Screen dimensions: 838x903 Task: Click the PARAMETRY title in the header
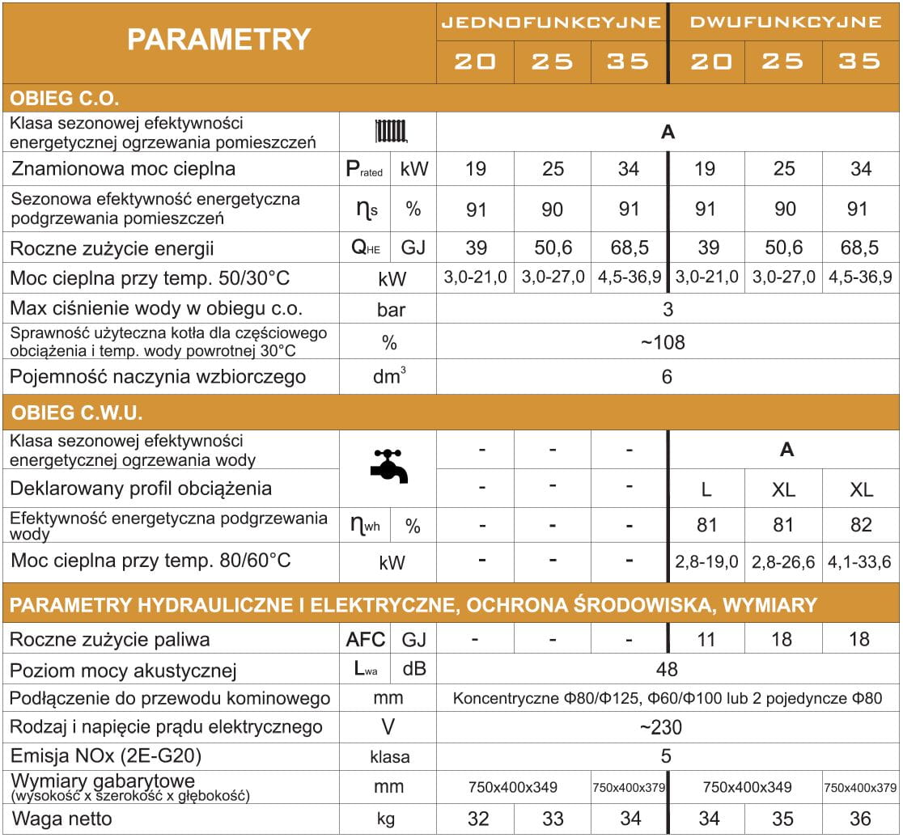218,40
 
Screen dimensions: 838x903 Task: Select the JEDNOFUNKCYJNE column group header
551,22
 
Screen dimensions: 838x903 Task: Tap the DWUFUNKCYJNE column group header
785,22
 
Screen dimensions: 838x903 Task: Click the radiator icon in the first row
391,132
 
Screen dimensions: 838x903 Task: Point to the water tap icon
389,468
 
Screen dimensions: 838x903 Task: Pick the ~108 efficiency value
667,342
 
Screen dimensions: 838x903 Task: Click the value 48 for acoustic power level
667,669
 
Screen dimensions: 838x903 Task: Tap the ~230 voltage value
667,727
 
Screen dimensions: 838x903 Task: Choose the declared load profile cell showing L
706,489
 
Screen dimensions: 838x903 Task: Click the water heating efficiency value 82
861,525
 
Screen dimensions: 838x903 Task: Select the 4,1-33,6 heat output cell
860,562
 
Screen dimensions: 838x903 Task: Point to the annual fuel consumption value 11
706,639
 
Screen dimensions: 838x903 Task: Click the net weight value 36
861,819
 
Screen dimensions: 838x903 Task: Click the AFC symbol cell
366,639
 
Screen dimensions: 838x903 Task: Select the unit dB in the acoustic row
413,669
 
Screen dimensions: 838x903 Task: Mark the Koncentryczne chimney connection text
667,698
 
